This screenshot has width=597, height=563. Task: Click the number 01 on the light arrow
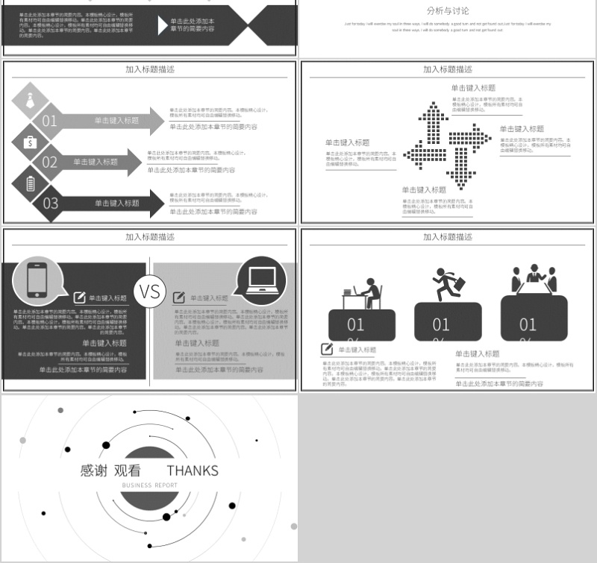[x=50, y=121]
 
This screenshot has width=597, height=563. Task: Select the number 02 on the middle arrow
[x=50, y=162]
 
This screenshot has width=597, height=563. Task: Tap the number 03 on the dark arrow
[x=50, y=203]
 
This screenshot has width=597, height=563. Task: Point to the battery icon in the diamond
[x=30, y=182]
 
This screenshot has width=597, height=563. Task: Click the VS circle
[x=150, y=290]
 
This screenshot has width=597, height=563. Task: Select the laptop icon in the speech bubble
[x=261, y=279]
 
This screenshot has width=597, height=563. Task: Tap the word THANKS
[x=193, y=471]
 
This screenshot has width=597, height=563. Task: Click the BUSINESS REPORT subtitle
[x=150, y=485]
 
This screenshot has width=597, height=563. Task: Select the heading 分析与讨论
[x=448, y=11]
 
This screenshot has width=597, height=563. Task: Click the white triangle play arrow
[x=163, y=25]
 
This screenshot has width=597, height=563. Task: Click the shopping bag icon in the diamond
[x=30, y=141]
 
